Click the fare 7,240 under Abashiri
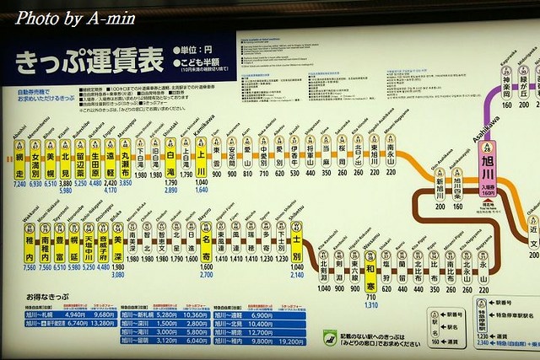coord(20,182)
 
